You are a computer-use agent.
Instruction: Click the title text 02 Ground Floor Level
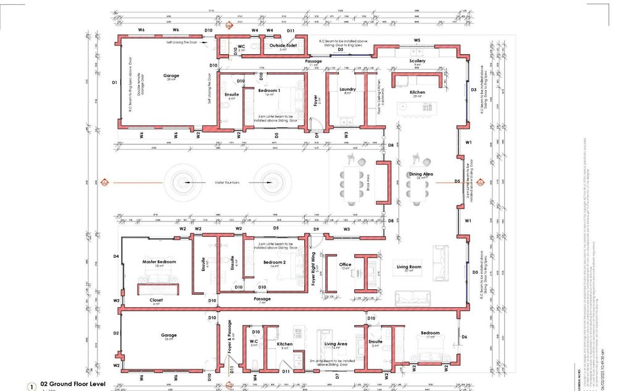[73, 384]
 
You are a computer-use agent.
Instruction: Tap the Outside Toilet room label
[283, 45]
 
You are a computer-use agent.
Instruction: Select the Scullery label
[417, 61]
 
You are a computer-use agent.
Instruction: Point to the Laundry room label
[347, 89]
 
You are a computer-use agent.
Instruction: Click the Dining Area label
[420, 175]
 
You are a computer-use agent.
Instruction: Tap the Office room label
[345, 265]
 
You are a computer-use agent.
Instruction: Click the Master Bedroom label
[159, 261]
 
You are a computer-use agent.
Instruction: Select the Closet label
[157, 300]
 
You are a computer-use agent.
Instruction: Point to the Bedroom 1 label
[270, 90]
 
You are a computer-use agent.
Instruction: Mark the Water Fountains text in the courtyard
[227, 183]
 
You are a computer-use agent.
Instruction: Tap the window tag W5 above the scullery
[417, 40]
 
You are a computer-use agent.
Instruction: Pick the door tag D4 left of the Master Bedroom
[115, 256]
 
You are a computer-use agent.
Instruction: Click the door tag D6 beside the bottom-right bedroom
[464, 337]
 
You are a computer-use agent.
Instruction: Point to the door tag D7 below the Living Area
[337, 376]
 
